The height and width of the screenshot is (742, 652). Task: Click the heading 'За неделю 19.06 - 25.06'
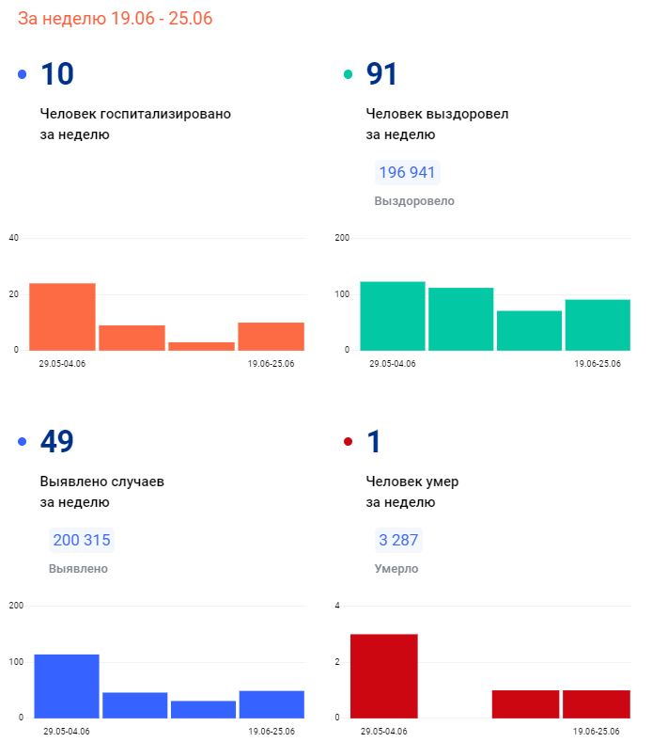pos(115,18)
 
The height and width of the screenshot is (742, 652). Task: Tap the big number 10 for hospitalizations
pos(57,74)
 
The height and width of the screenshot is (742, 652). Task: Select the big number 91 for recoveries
pos(382,74)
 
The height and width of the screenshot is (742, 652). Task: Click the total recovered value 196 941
pos(408,173)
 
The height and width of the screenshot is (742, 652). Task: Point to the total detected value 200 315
pos(82,540)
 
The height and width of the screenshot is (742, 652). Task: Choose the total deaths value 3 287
pos(397,540)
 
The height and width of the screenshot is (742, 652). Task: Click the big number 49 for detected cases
pos(57,442)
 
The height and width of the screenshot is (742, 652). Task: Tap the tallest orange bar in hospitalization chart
pos(62,317)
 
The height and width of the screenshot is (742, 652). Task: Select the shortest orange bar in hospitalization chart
pos(202,346)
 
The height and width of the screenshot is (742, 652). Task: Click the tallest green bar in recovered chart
pos(393,316)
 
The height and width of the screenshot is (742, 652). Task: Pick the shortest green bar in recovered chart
pos(530,330)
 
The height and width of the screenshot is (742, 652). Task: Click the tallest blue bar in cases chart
pos(67,686)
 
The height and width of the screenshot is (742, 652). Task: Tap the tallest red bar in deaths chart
pos(383,675)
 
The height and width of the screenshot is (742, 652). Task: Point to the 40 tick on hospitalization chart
pos(13,238)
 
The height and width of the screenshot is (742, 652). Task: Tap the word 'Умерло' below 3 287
pos(396,569)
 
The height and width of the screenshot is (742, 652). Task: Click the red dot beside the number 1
pos(349,442)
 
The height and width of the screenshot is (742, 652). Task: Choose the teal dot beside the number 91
pos(349,74)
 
